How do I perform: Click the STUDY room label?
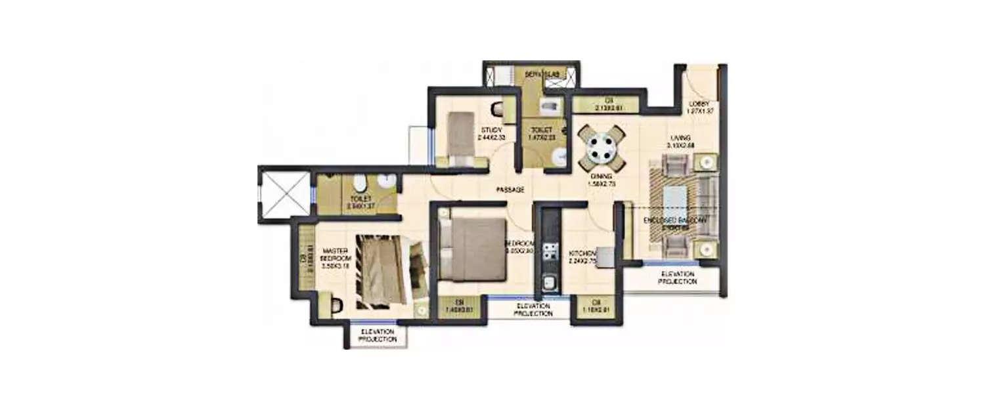(491, 130)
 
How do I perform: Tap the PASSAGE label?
(510, 190)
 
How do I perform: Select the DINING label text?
(601, 176)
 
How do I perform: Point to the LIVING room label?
(680, 137)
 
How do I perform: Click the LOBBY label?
(698, 104)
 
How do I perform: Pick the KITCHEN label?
(582, 253)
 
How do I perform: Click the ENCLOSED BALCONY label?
(676, 222)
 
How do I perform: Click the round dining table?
(602, 148)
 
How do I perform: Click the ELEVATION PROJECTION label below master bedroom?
(378, 336)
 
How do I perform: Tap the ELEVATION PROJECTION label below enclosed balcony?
(678, 277)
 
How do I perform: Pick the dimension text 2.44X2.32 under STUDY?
(492, 138)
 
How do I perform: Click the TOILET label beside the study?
(542, 130)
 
